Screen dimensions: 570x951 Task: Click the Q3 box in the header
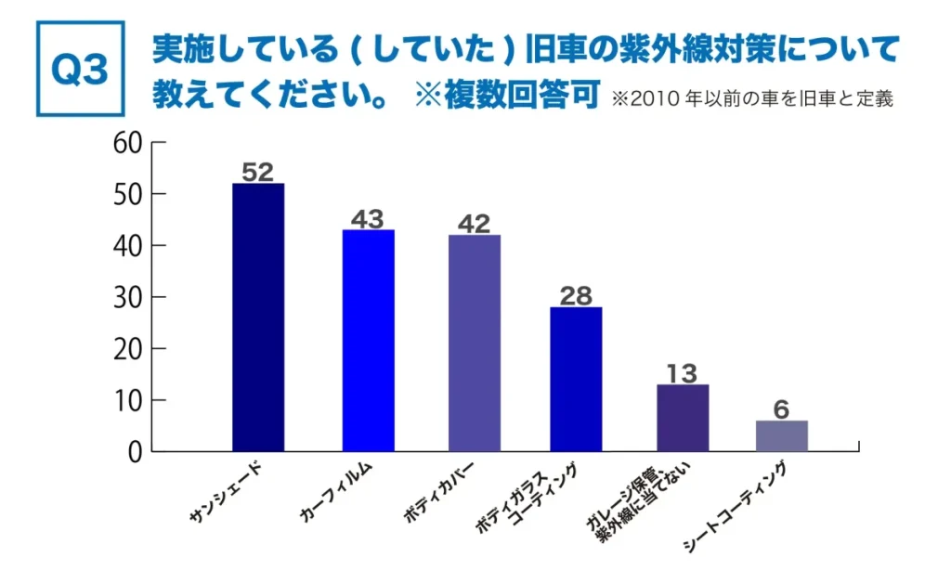(x=80, y=69)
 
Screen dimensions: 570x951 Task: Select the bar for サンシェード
(x=258, y=317)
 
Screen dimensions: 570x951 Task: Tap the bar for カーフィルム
(x=368, y=341)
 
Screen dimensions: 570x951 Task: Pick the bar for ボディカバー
(x=474, y=343)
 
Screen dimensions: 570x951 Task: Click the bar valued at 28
(x=576, y=379)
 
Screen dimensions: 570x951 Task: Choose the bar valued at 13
(x=683, y=418)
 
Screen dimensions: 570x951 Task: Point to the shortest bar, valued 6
(x=781, y=436)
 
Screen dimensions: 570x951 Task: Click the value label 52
(x=257, y=172)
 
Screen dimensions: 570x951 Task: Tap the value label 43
(x=367, y=219)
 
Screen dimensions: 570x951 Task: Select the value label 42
(x=474, y=224)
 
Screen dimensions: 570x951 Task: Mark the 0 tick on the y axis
(x=134, y=452)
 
